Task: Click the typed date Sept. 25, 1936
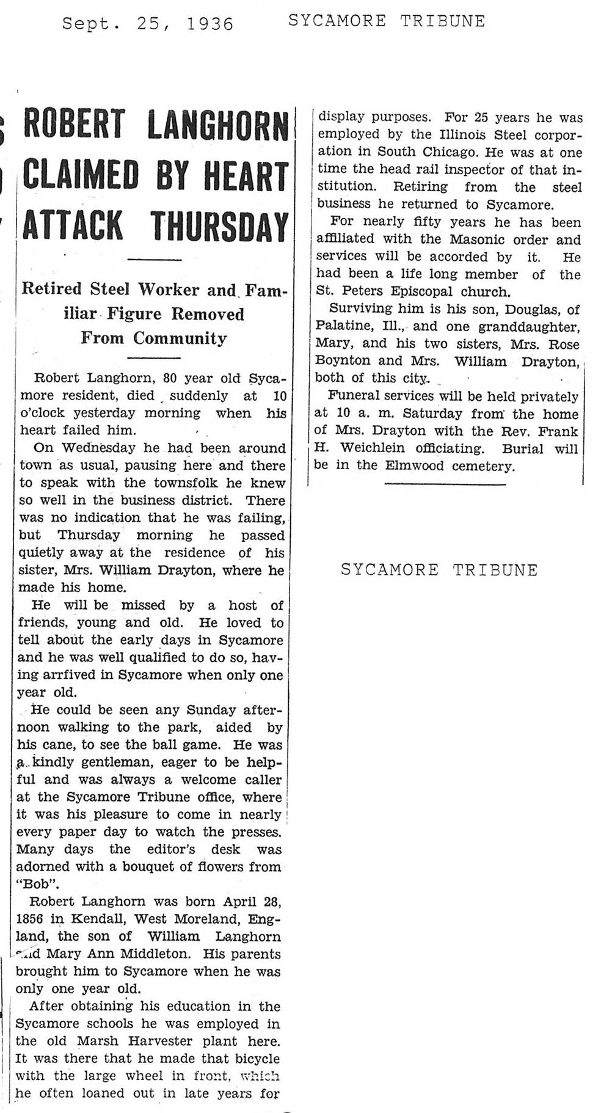(148, 24)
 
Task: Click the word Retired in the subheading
(51, 289)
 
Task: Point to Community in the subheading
(180, 338)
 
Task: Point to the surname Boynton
(343, 360)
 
